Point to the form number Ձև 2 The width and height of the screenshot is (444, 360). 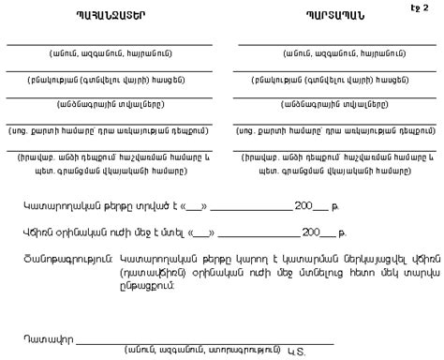(419, 8)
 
